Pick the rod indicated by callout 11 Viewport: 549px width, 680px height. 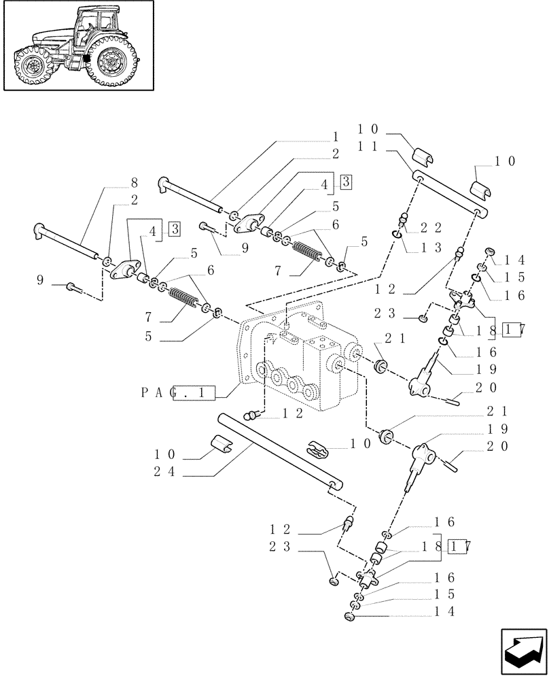click(452, 195)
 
